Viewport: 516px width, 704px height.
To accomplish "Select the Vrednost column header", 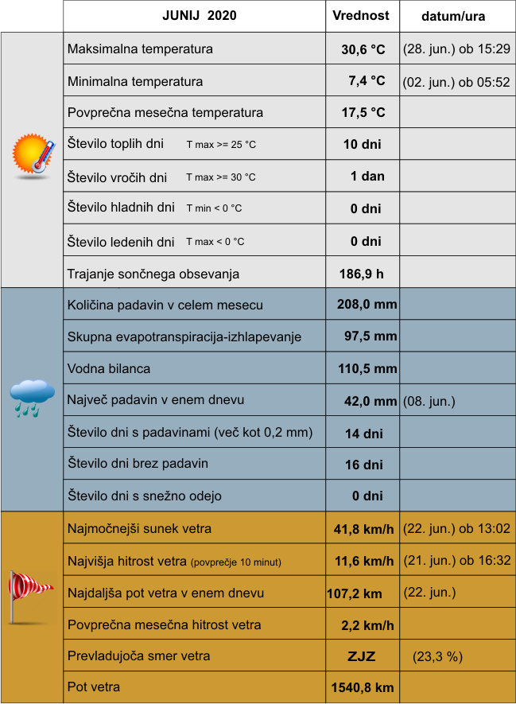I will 361,16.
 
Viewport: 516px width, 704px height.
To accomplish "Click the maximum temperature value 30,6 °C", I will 363,49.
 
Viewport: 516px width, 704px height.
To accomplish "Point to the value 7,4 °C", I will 366,81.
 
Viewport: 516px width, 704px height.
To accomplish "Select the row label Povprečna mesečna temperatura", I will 165,113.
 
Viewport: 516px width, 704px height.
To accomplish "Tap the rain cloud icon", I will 32,398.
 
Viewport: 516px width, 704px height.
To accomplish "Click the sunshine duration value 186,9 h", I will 362,274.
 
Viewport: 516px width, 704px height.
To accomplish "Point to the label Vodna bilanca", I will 109,369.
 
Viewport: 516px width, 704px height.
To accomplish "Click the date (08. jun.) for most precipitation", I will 429,402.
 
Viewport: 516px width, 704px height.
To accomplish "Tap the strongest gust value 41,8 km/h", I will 364,529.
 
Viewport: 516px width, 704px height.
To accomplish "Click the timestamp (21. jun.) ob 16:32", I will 457,561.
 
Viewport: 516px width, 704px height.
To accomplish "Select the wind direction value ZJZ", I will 361,657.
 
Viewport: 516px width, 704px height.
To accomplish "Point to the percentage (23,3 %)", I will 437,657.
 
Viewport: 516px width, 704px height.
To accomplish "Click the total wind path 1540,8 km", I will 362,687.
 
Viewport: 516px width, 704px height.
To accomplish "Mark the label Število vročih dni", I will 118,177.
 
